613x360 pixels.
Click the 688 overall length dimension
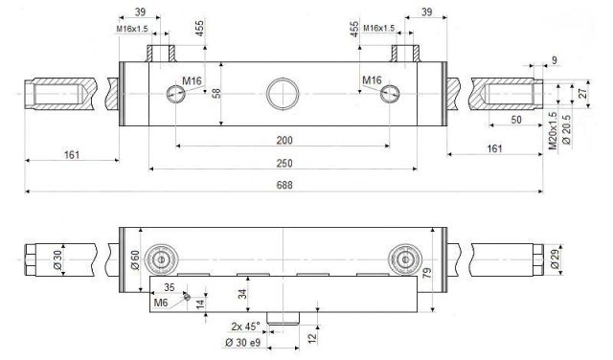coord(284,185)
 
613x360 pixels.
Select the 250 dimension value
coord(284,163)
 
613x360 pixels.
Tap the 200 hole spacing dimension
coord(284,141)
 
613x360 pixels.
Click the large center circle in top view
coord(283,94)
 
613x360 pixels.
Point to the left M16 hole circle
coord(176,94)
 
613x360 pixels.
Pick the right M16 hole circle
coord(390,94)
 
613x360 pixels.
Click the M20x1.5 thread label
coord(553,131)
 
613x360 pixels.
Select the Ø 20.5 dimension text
coord(566,129)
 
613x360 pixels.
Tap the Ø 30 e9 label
coord(242,343)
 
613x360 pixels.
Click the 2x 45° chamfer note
coord(245,326)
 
